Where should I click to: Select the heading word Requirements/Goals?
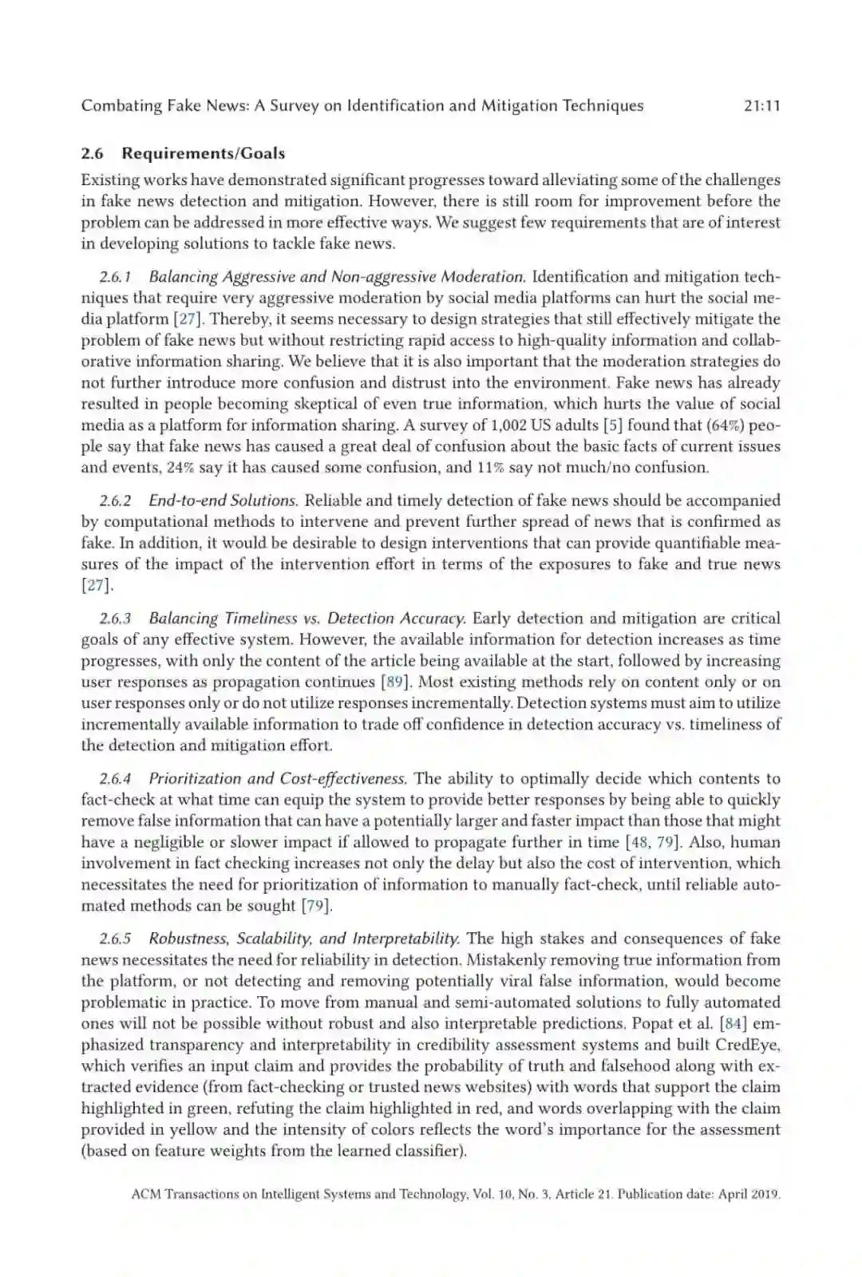pos(203,153)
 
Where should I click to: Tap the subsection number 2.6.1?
pos(115,277)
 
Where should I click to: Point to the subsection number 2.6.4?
pos(115,778)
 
